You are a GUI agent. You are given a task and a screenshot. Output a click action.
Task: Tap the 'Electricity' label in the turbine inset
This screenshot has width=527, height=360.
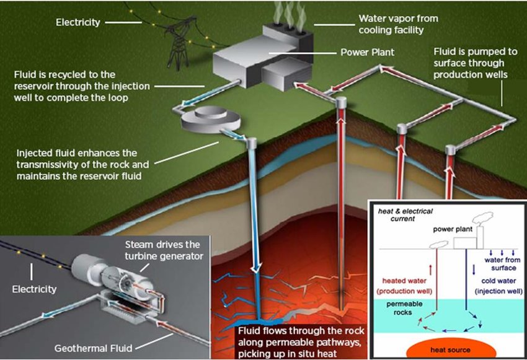pos(35,289)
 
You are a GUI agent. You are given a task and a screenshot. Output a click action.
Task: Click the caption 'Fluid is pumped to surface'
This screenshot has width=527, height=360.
pos(469,63)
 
